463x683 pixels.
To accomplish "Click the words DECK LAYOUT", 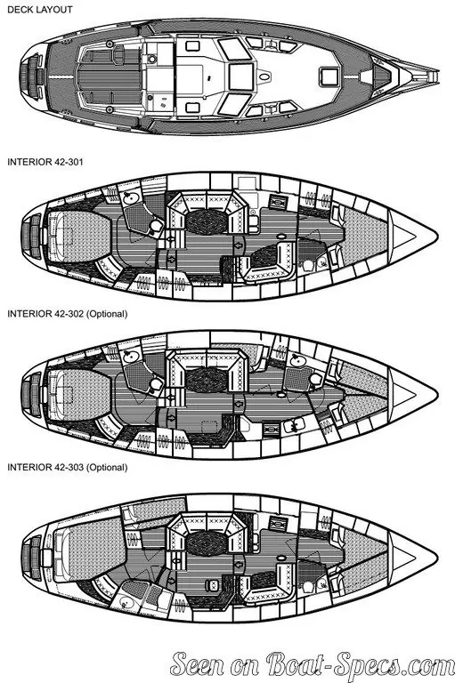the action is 40,10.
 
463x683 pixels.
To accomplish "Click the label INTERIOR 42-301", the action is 45,162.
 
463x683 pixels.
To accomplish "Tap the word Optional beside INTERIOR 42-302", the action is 107,314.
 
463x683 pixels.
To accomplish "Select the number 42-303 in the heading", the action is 69,468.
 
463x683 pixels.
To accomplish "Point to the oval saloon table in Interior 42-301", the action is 207,221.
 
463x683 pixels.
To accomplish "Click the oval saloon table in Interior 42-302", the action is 207,380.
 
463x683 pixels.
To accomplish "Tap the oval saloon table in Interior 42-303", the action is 207,542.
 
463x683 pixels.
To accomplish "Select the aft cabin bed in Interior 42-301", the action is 77,236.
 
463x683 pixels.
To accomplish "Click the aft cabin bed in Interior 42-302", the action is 77,395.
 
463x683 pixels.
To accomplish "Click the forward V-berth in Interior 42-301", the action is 365,236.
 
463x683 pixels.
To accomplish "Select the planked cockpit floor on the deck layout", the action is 110,76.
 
